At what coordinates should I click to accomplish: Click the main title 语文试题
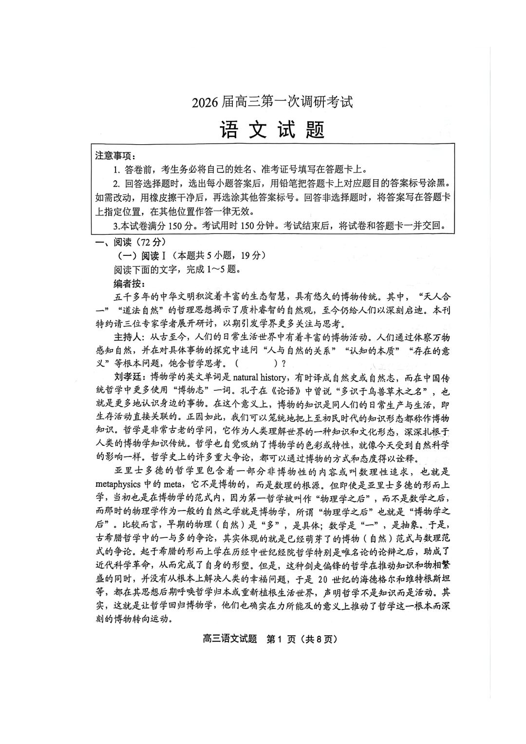click(x=272, y=129)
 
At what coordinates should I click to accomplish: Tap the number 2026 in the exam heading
click(x=206, y=103)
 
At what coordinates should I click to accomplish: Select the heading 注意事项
click(x=114, y=156)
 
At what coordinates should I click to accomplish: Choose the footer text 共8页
click(x=319, y=639)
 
